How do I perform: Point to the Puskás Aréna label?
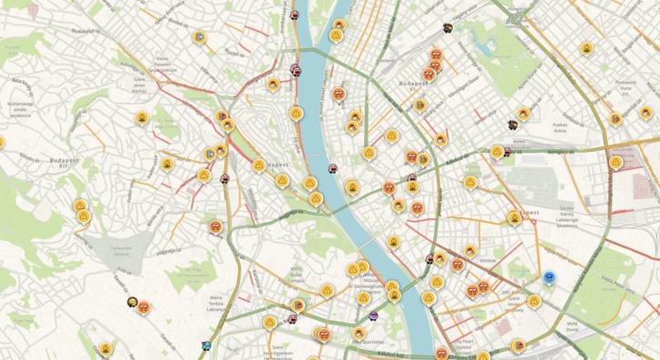click(x=561, y=129)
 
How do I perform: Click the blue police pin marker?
click(x=549, y=276)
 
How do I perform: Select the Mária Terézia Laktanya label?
click(x=215, y=303)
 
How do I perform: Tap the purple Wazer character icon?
click(x=373, y=316)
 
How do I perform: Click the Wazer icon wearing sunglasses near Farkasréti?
click(x=133, y=303)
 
